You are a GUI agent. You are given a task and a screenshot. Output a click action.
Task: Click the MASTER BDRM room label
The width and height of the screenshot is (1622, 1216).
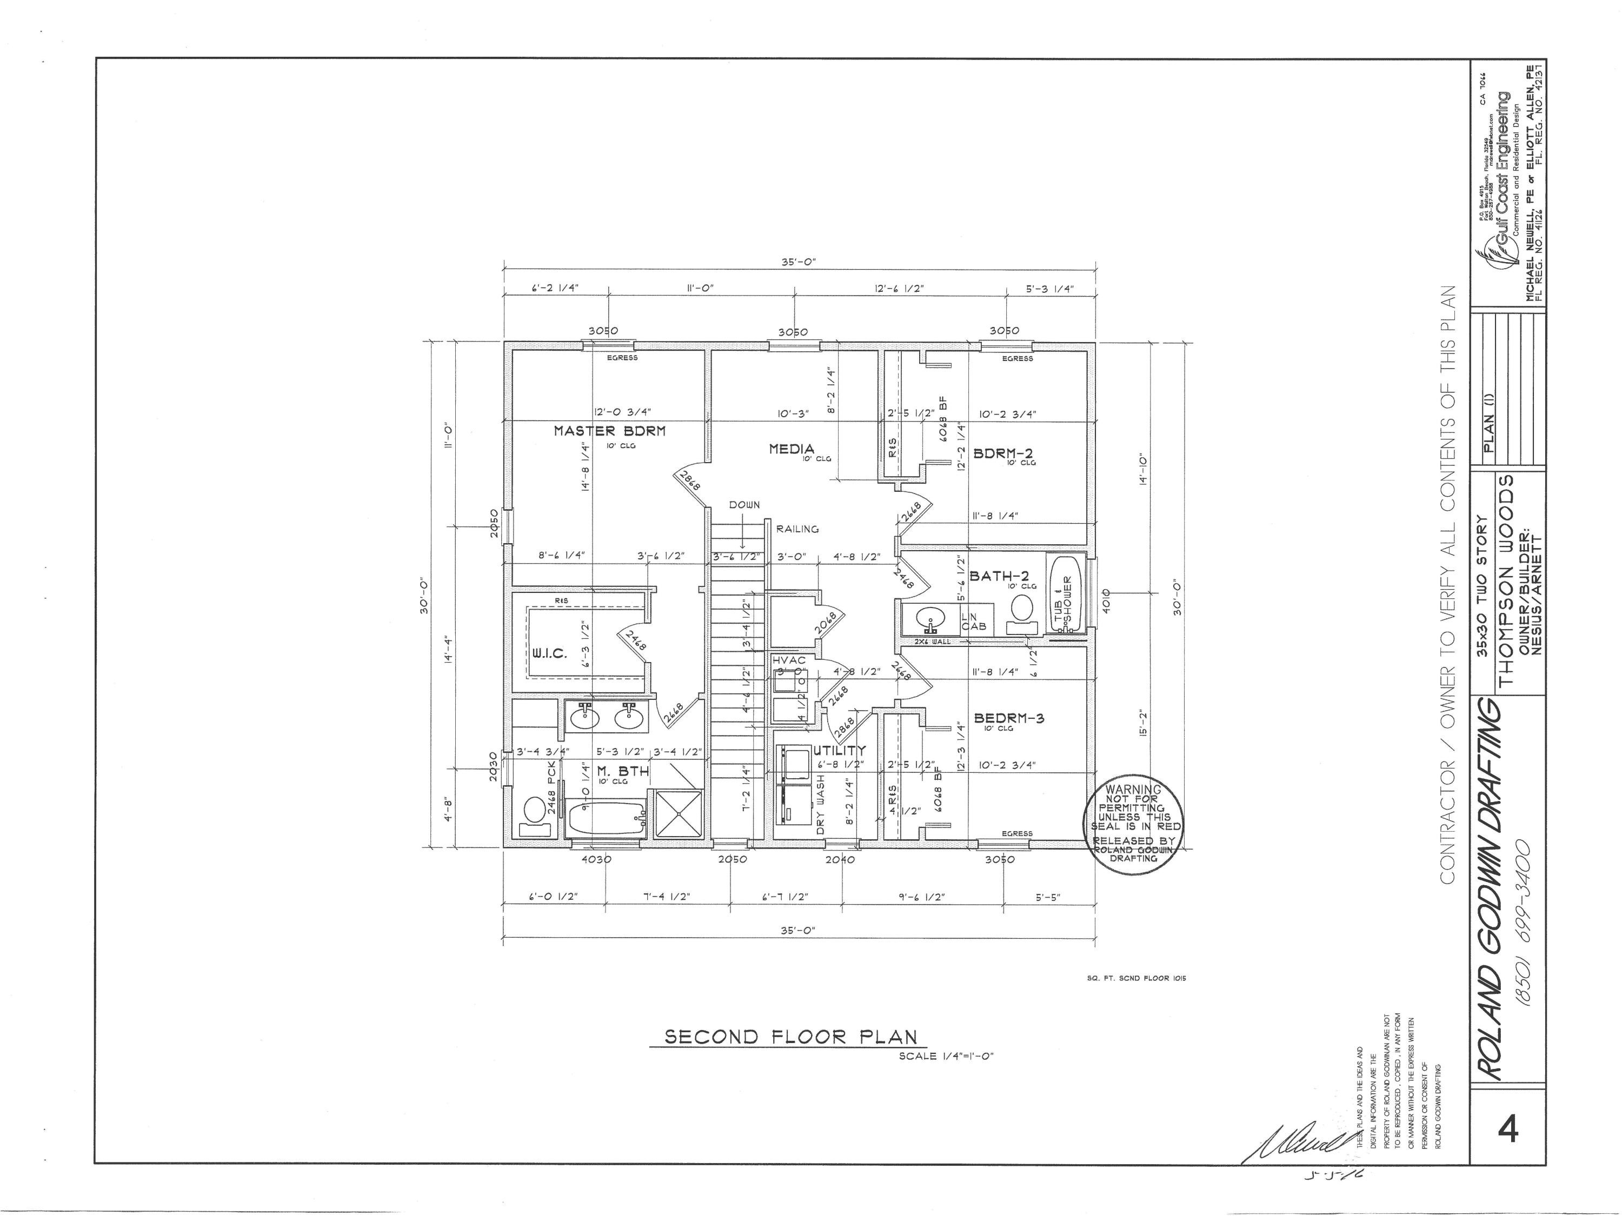point(609,431)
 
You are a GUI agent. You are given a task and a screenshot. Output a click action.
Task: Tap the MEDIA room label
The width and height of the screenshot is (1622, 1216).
point(791,449)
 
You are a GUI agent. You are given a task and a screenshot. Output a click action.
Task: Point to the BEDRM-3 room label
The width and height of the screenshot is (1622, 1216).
point(1008,718)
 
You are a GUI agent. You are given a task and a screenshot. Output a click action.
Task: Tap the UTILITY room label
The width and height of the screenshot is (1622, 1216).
point(839,751)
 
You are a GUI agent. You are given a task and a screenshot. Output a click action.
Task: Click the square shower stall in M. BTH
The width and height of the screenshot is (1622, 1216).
point(677,813)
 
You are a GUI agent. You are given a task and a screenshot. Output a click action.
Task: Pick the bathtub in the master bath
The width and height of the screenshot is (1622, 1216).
point(606,817)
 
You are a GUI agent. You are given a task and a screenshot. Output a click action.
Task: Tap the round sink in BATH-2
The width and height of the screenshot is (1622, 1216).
point(930,619)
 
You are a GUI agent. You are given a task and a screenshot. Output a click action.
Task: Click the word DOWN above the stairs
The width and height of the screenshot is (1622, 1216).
point(744,505)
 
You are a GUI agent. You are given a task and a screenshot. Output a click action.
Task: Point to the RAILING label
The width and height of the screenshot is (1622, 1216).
point(797,529)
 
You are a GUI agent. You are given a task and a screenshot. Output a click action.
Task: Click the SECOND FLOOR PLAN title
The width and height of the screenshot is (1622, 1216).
point(790,1037)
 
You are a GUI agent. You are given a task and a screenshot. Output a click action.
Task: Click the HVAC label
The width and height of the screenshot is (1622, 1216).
point(789,660)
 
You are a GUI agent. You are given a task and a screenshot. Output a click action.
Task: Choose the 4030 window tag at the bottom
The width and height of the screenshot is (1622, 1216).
point(596,859)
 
